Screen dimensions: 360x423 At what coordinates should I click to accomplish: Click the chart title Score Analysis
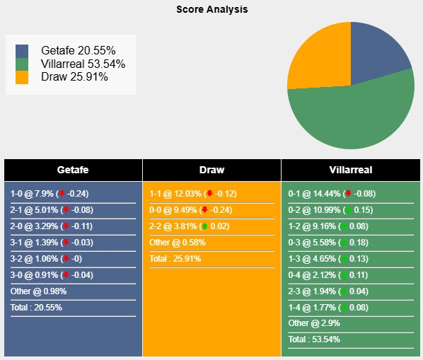point(211,10)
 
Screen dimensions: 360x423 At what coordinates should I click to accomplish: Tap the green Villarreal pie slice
point(354,113)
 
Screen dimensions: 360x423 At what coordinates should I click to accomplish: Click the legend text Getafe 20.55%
point(77,51)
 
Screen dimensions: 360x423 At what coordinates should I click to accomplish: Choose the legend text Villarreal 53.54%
point(83,64)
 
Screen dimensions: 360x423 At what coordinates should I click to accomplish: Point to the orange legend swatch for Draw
point(22,76)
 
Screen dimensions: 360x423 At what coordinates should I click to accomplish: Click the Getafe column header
point(73,170)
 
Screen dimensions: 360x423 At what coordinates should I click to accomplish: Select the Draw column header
point(211,170)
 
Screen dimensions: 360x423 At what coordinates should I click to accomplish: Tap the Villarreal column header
point(350,170)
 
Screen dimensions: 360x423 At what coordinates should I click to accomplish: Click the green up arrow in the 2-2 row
point(204,226)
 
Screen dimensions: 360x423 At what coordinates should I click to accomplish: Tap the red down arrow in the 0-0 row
point(204,210)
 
